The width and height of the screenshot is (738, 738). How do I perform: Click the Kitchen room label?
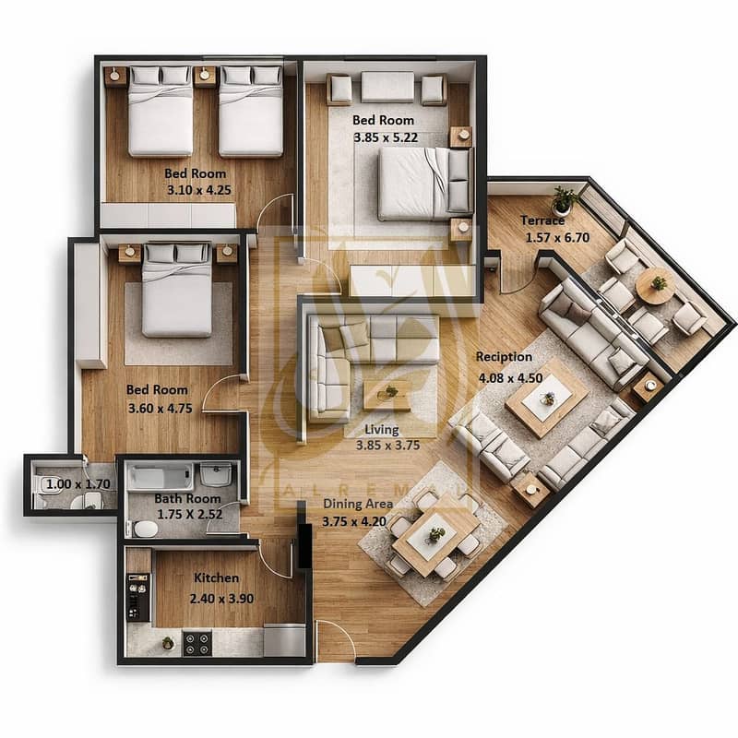click(x=217, y=578)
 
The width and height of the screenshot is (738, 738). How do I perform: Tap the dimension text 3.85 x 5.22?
click(x=386, y=137)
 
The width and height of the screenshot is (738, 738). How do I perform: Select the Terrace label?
click(x=542, y=220)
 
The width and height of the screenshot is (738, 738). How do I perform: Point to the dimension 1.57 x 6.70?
click(x=557, y=238)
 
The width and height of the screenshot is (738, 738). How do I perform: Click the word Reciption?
click(x=504, y=357)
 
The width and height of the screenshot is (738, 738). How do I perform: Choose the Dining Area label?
click(x=358, y=504)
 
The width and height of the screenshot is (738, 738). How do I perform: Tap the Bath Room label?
click(x=187, y=498)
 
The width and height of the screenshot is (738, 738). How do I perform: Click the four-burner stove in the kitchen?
click(x=196, y=643)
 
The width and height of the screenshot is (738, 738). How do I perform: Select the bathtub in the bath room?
click(x=161, y=476)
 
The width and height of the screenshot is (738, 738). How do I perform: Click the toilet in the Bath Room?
click(x=145, y=529)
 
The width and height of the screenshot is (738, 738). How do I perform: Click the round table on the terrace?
click(x=655, y=286)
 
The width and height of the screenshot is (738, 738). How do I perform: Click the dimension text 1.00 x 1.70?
click(x=78, y=483)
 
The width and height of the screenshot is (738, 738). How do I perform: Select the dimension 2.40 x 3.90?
click(x=221, y=599)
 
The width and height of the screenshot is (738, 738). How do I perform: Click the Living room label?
click(x=382, y=429)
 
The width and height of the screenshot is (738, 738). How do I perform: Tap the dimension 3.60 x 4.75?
click(x=161, y=408)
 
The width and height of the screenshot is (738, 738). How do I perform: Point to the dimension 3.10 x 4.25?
click(x=199, y=191)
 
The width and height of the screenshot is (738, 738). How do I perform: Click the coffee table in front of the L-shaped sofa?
click(x=387, y=395)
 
